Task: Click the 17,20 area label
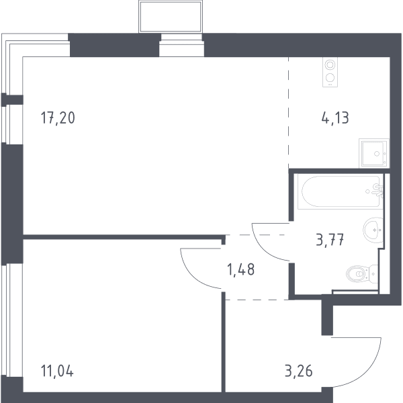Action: coord(58,118)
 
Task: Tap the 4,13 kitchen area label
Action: coord(335,118)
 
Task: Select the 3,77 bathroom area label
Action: coord(330,240)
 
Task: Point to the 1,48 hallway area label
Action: coord(241,269)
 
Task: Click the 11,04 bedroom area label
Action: coord(57,371)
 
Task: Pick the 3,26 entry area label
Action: coord(299,371)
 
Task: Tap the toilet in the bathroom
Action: coord(362,274)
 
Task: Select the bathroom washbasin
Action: coord(373,230)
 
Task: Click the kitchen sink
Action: coord(374,153)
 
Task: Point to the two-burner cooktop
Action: coord(330,72)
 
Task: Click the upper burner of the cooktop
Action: coord(330,64)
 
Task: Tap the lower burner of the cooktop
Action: coord(330,77)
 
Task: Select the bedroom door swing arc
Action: coord(191,276)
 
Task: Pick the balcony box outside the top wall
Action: coord(171,17)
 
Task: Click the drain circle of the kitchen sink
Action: coord(377,154)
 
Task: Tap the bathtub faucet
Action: coord(377,191)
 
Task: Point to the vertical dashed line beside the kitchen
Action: coord(288,113)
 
